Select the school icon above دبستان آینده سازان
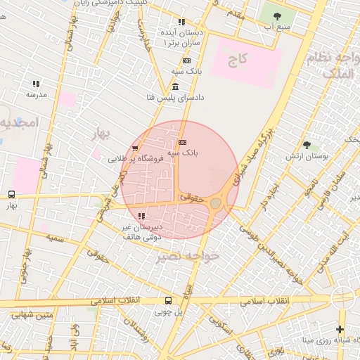tap(181, 22)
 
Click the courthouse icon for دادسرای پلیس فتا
tap(175, 86)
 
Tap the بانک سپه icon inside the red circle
tap(183, 142)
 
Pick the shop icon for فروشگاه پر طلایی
tap(135, 148)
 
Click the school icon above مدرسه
tap(35, 84)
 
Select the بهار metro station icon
tap(11, 195)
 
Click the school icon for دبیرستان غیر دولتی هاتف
tap(142, 217)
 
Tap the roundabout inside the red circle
tap(216, 203)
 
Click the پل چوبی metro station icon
tap(167, 300)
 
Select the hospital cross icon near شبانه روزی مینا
tap(340, 329)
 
